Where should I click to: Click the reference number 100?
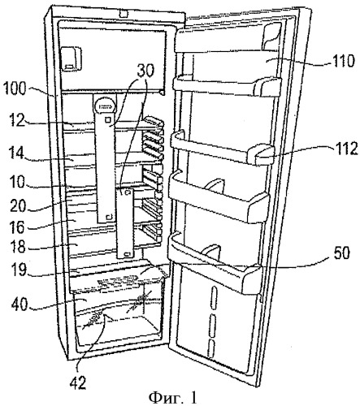coord(14,89)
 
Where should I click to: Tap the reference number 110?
coord(342,61)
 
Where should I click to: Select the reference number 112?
coord(344,149)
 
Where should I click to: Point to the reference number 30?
coord(145,70)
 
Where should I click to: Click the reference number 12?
coord(16,120)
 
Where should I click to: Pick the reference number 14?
coord(15,156)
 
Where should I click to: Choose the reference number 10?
coord(17,182)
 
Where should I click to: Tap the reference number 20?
coord(18,205)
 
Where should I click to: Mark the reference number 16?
coord(18,227)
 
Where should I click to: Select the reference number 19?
coord(19,269)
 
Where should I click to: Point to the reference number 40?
coord(20,304)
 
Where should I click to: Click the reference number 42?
coord(77,382)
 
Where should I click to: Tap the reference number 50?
coord(340,253)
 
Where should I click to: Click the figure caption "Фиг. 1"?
coord(172,398)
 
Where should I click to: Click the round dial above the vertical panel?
coord(105,106)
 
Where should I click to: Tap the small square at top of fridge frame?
coord(124,14)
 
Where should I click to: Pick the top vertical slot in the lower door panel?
coord(213,294)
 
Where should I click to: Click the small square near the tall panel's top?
coord(108,119)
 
